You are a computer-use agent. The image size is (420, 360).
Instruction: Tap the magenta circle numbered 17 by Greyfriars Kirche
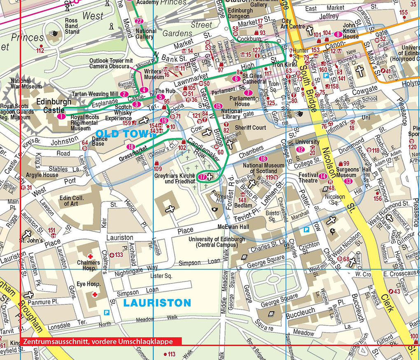coord(202,177)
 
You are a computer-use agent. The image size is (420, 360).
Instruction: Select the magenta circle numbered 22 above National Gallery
coord(139,21)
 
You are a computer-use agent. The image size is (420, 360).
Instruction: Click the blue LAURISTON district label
coord(157,303)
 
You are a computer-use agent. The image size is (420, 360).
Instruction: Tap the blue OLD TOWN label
coord(119,134)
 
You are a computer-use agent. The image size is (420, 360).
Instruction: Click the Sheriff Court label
coord(250,128)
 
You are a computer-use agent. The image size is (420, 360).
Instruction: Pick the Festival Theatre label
coord(308,178)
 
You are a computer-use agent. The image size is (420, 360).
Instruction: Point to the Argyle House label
coord(42,175)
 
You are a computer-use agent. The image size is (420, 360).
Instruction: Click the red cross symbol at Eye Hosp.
coord(95,295)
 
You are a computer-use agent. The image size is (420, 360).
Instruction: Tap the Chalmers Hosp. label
coord(88,265)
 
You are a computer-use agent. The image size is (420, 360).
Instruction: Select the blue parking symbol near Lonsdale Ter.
coord(108,313)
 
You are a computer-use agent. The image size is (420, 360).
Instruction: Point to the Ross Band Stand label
coord(72,26)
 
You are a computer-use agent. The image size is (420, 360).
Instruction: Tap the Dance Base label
coord(100,141)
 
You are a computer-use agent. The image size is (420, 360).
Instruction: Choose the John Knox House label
coord(350,31)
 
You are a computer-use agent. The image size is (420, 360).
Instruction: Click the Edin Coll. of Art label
coord(72,201)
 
